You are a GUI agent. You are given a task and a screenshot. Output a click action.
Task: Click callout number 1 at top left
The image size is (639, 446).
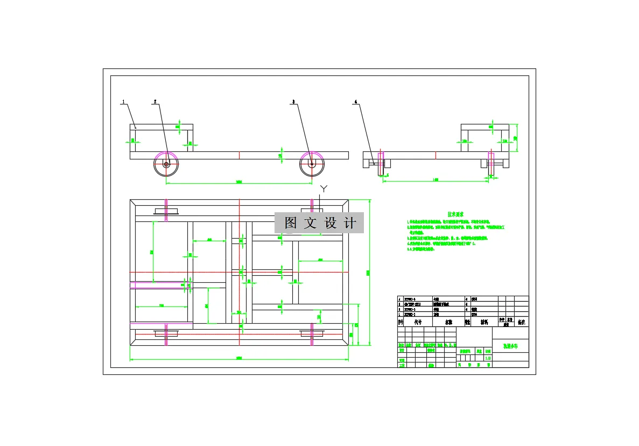123,101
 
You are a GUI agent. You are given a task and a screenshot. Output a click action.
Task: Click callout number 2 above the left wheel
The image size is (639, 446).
155,101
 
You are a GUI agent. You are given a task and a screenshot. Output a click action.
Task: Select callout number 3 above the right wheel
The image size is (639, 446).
293,101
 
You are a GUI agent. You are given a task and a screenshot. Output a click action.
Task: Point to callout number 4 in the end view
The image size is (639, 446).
355,101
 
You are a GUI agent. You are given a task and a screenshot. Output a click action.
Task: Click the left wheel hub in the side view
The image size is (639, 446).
166,164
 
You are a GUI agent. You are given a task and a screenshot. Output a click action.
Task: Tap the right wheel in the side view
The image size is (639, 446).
312,164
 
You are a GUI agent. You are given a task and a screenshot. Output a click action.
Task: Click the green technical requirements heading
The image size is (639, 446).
457,214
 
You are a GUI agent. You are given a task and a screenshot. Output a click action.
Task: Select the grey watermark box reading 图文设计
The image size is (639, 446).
319,222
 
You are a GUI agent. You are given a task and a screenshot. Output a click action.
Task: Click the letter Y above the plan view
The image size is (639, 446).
324,188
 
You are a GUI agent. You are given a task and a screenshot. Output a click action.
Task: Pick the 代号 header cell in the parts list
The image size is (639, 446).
418,322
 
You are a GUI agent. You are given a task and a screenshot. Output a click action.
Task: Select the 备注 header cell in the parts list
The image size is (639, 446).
521,322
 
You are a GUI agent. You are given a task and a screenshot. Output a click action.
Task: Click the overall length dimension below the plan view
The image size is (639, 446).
239,358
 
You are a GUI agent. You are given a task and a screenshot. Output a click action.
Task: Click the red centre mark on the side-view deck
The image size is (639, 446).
239,155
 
